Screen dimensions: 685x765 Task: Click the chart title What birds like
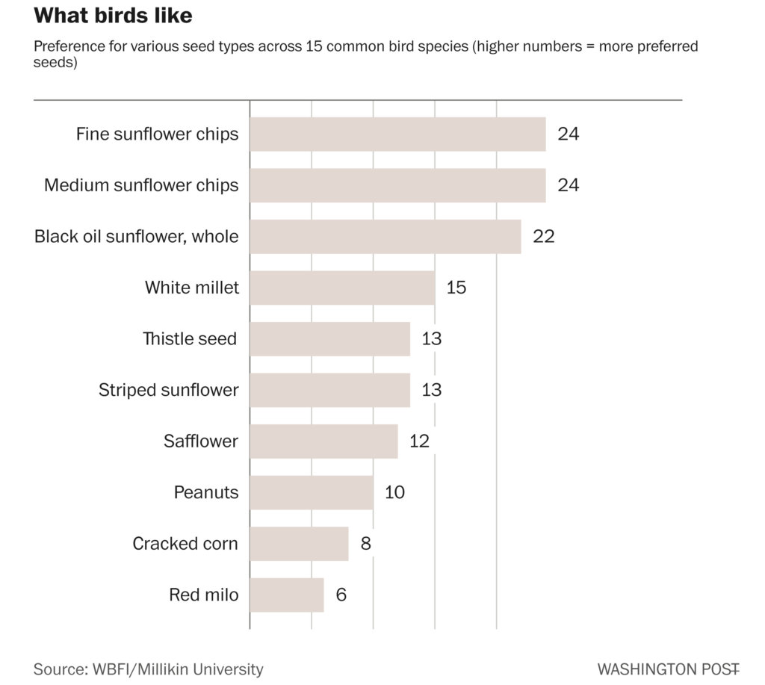coord(113,16)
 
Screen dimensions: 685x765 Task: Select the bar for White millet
coord(342,288)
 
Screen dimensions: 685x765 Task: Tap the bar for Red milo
coord(286,595)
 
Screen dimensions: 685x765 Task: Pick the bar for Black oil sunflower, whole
coord(385,237)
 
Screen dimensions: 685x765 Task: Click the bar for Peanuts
coord(311,492)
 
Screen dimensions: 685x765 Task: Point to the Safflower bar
coord(323,441)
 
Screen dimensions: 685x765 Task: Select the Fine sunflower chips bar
coord(397,134)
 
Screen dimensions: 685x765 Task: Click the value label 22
coord(544,237)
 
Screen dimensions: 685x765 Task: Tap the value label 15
coord(456,288)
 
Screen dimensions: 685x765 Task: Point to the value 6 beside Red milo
coord(341,595)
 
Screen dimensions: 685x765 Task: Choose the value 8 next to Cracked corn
coord(365,544)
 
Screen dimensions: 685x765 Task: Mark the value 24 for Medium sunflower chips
coord(569,185)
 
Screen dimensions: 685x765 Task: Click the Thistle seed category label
coord(191,339)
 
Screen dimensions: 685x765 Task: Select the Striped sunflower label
coord(169,390)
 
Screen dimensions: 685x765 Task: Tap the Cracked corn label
coord(185,544)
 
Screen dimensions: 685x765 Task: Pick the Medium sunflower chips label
coord(141,185)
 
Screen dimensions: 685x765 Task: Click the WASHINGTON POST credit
coord(669,669)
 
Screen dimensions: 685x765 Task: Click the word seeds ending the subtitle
coord(55,63)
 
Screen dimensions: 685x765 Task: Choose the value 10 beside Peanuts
coord(394,492)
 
